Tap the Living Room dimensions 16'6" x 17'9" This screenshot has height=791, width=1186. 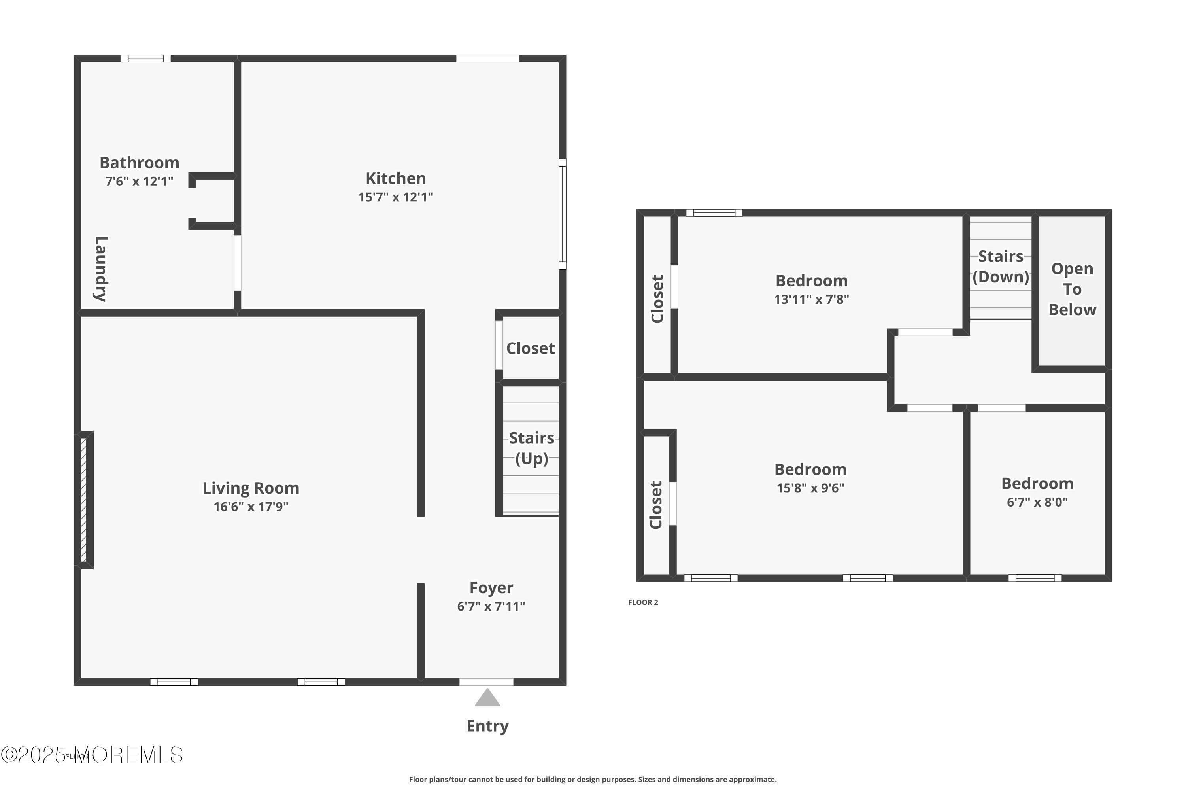[x=251, y=507]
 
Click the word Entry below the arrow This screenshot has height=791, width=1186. [x=487, y=726]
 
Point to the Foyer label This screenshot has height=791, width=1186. [x=491, y=588]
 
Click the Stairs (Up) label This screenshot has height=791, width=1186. [x=531, y=448]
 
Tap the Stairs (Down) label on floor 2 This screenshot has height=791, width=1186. [x=1001, y=266]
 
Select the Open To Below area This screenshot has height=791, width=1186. [x=1072, y=289]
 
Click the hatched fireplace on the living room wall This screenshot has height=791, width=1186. [x=84, y=500]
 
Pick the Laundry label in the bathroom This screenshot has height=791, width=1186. [x=101, y=269]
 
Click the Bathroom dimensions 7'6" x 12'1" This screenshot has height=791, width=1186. [x=139, y=182]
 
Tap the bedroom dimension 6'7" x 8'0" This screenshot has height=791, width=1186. [x=1037, y=502]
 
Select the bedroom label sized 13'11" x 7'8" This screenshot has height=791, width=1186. [x=811, y=280]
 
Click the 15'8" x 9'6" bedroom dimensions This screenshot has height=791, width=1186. [x=810, y=488]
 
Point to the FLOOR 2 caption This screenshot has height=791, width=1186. [x=643, y=602]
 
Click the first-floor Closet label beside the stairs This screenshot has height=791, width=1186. [x=531, y=348]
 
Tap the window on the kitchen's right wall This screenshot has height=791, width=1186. [x=562, y=214]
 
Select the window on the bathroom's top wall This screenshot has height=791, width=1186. [x=146, y=59]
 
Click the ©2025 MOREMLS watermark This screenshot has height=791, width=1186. [x=92, y=755]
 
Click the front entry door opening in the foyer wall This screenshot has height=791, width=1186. [x=486, y=682]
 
